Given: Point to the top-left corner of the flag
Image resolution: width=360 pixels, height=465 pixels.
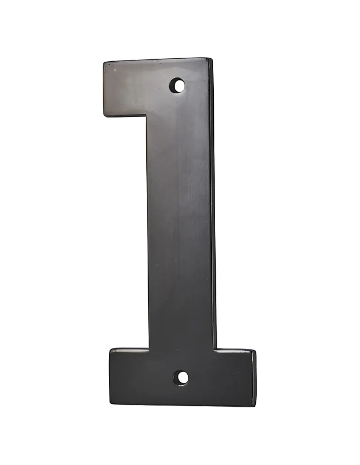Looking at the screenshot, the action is [x=105, y=62].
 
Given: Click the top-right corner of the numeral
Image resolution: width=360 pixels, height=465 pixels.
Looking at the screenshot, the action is [x=212, y=58].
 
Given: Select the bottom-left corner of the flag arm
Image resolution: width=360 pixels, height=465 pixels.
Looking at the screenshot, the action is [x=105, y=116].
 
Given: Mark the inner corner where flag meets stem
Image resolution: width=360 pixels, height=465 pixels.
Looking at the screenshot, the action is [x=147, y=116].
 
